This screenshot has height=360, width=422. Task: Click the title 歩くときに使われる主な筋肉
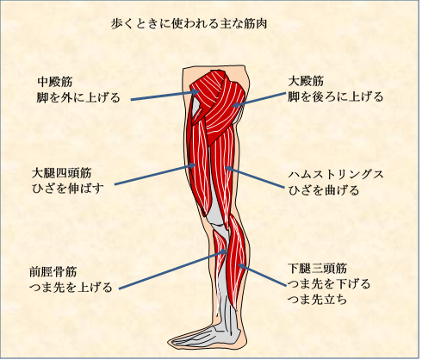[189, 24]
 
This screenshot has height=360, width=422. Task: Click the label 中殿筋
[55, 82]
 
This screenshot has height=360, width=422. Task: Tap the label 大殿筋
[306, 81]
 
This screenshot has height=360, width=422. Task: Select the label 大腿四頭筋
[62, 173]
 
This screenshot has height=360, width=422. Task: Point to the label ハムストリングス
[336, 174]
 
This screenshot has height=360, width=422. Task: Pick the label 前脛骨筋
[53, 272]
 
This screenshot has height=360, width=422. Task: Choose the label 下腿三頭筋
[318, 269]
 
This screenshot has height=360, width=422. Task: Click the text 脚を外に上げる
[78, 98]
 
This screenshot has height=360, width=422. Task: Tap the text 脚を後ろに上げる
[336, 97]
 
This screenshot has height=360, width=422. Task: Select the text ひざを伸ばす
[68, 189]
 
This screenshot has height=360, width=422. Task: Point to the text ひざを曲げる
[324, 190]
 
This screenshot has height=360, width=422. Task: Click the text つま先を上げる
[71, 288]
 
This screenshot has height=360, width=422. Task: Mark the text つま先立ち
[318, 300]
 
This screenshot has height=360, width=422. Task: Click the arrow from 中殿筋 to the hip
[165, 96]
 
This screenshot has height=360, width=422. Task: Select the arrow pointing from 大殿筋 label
[259, 100]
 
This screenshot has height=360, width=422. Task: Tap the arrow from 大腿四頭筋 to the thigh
[155, 174]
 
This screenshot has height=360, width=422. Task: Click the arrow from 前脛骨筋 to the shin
[172, 270]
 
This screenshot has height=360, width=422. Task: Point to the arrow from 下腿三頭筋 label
[263, 275]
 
